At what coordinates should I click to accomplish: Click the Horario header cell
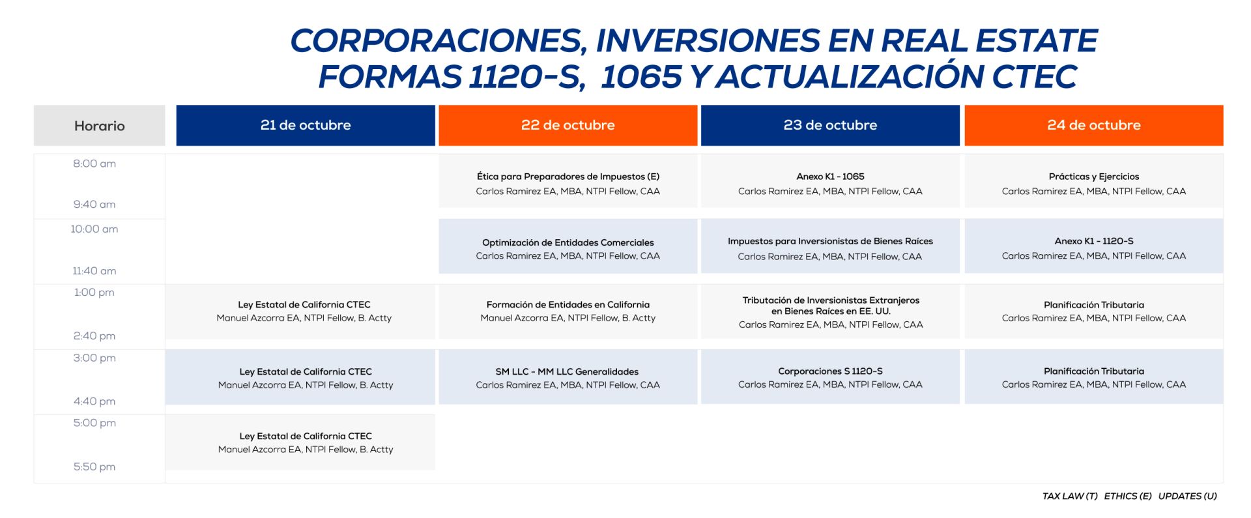[x=99, y=125]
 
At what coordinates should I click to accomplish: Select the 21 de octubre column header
[x=306, y=125]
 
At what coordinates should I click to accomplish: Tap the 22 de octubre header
[x=568, y=125]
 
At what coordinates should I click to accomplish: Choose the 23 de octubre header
[x=830, y=125]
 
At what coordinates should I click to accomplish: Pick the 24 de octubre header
[x=1094, y=125]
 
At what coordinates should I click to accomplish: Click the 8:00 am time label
[x=94, y=164]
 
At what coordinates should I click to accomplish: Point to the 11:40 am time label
[x=94, y=270]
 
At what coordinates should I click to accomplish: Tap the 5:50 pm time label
[x=94, y=467]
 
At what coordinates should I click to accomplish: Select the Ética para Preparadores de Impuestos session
[x=568, y=180]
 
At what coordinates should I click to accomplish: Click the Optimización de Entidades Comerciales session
[x=568, y=246]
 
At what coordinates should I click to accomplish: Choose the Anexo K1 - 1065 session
[x=830, y=180]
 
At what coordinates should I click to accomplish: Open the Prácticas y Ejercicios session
[x=1094, y=180]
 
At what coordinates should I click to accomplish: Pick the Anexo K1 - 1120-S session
[x=1094, y=246]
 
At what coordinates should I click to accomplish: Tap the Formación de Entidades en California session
[x=568, y=311]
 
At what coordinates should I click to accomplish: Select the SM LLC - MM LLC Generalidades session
[x=568, y=377]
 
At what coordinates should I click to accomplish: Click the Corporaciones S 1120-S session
[x=830, y=377]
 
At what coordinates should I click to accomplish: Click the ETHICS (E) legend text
[x=1128, y=496]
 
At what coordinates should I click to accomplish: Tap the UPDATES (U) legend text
[x=1187, y=496]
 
